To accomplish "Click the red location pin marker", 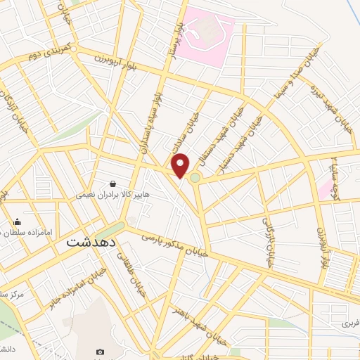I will [x=181, y=165].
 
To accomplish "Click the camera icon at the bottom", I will [x=99, y=351].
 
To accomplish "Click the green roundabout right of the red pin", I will [x=195, y=178].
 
